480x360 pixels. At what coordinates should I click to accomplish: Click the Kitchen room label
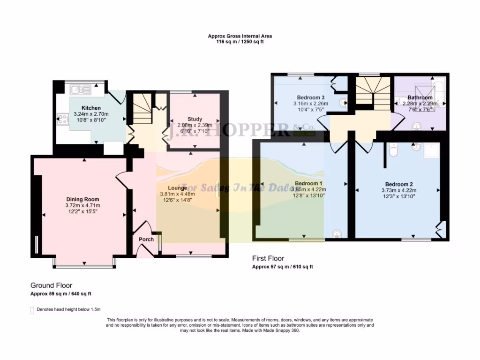91,108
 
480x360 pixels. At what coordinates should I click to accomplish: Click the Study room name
195,119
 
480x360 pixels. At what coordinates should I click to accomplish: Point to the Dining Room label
82,199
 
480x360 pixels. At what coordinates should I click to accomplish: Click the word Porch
146,239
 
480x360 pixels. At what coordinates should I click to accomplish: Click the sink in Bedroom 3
343,100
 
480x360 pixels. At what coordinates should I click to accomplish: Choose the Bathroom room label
420,97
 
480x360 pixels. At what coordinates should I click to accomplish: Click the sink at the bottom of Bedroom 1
336,233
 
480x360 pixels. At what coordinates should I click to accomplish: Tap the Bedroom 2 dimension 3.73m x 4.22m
399,190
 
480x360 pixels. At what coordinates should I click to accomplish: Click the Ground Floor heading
52,285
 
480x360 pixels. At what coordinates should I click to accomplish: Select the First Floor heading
268,258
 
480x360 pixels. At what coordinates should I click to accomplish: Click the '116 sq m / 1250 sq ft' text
240,42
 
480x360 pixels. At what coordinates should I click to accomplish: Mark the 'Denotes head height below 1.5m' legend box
32,309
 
